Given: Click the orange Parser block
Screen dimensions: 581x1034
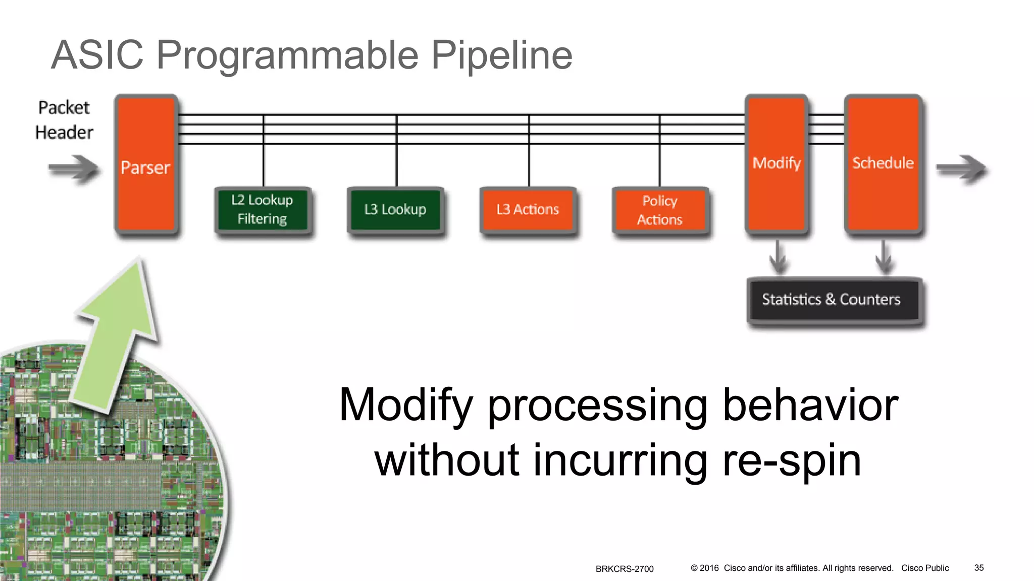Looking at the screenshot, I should (x=146, y=164).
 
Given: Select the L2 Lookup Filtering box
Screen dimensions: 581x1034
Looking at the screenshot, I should (x=262, y=209).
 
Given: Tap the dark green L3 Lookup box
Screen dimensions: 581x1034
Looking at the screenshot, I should (x=395, y=209).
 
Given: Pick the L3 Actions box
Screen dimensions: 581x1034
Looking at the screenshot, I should (x=528, y=209).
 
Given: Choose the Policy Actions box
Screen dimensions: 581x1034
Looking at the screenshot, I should (x=660, y=210).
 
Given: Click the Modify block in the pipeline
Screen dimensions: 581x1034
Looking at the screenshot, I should (x=777, y=163).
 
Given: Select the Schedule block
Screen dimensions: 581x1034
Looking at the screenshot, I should (x=883, y=163).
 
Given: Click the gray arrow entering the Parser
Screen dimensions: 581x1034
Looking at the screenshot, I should (x=74, y=168).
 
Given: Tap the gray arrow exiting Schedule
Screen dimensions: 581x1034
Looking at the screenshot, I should (x=961, y=168).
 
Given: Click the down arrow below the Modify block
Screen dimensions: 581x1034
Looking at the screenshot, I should (x=778, y=257).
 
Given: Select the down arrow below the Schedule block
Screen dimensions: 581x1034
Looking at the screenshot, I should (x=884, y=257).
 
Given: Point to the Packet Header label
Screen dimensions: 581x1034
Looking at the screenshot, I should (x=64, y=120).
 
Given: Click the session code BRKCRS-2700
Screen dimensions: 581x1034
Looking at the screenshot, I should (x=624, y=569).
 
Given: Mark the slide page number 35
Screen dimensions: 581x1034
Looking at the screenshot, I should (x=978, y=568).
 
